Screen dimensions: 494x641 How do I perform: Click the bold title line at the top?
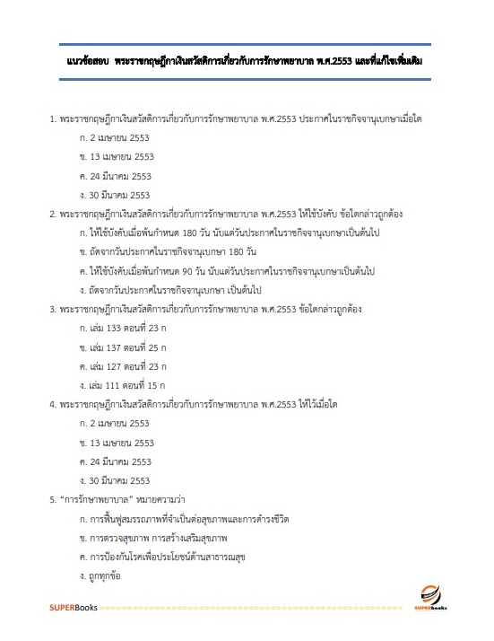(247, 60)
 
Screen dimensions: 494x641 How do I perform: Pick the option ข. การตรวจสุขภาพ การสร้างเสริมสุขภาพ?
(154, 537)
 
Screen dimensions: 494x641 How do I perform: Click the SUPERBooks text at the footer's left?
(73, 609)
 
